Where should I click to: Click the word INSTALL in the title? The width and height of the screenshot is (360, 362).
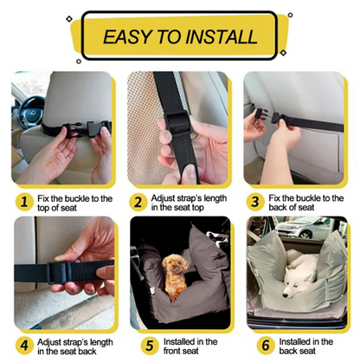pyautogui.click(x=222, y=36)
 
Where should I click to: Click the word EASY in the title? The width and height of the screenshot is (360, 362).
pyautogui.click(x=128, y=36)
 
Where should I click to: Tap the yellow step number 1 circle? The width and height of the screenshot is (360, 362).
pyautogui.click(x=24, y=202)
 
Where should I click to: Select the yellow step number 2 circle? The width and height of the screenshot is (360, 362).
pyautogui.click(x=138, y=202)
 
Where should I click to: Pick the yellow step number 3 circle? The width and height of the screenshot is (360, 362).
pyautogui.click(x=255, y=202)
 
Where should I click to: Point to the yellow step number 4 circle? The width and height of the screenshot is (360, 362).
pyautogui.click(x=24, y=346)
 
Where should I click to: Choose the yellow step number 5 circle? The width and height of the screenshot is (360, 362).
pyautogui.click(x=150, y=346)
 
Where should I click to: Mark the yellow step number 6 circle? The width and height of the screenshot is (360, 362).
pyautogui.click(x=266, y=346)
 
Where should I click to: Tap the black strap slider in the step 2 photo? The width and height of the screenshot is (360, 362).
pyautogui.click(x=178, y=122)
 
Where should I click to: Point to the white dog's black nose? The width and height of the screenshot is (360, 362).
pyautogui.click(x=286, y=295)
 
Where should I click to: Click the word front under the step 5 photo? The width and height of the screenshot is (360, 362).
pyautogui.click(x=172, y=351)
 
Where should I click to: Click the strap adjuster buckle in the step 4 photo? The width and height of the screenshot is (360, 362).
pyautogui.click(x=59, y=273)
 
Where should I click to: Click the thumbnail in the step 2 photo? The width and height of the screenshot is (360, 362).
pyautogui.click(x=189, y=172)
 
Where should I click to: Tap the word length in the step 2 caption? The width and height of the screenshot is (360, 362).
pyautogui.click(x=215, y=198)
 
